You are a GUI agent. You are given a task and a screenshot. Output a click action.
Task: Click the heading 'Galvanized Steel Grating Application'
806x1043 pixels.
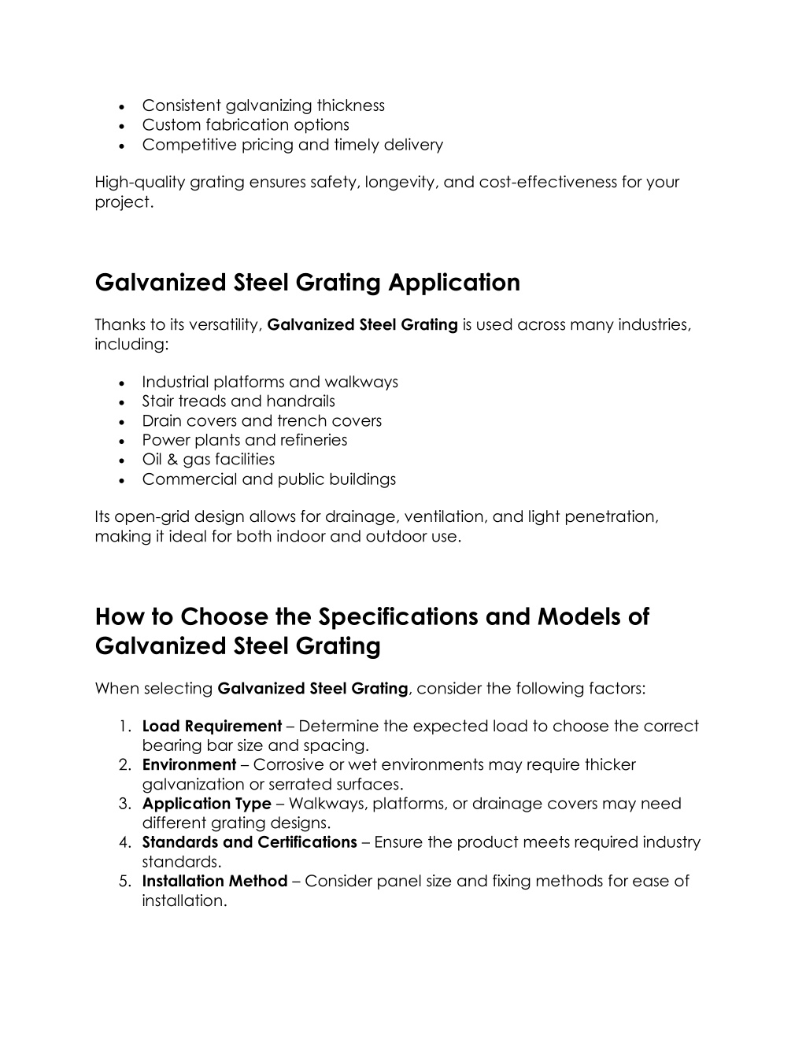tap(307, 283)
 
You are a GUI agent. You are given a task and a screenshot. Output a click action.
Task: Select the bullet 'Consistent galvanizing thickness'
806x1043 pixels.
tap(263, 105)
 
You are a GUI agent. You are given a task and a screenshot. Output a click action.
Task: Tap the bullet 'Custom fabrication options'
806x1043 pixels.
tap(246, 125)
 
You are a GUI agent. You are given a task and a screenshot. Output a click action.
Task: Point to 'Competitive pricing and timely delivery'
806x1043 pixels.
tap(292, 145)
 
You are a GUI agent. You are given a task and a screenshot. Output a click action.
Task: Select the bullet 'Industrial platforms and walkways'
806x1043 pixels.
tap(270, 383)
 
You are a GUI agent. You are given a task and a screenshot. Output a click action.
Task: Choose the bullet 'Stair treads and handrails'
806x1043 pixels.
tap(238, 401)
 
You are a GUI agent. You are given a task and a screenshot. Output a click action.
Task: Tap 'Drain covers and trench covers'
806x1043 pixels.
tap(261, 421)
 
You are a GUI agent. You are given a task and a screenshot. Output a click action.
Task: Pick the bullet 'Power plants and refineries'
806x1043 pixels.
tap(244, 440)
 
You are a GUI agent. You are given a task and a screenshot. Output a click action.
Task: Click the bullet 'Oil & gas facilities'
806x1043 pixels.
tap(208, 460)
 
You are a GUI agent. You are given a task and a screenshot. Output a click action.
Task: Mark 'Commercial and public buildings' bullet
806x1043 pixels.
tap(268, 479)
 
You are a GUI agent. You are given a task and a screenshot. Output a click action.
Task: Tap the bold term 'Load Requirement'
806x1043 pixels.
tap(212, 727)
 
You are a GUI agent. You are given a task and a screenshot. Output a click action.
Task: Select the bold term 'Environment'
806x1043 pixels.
tap(189, 765)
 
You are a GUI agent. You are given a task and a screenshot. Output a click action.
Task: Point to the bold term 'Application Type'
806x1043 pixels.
tap(206, 804)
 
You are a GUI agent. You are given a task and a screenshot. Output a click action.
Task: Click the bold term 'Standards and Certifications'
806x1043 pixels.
tap(250, 842)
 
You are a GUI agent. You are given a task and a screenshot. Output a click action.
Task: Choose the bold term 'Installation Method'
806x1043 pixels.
tap(214, 881)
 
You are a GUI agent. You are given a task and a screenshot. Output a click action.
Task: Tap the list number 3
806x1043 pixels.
tap(124, 804)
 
